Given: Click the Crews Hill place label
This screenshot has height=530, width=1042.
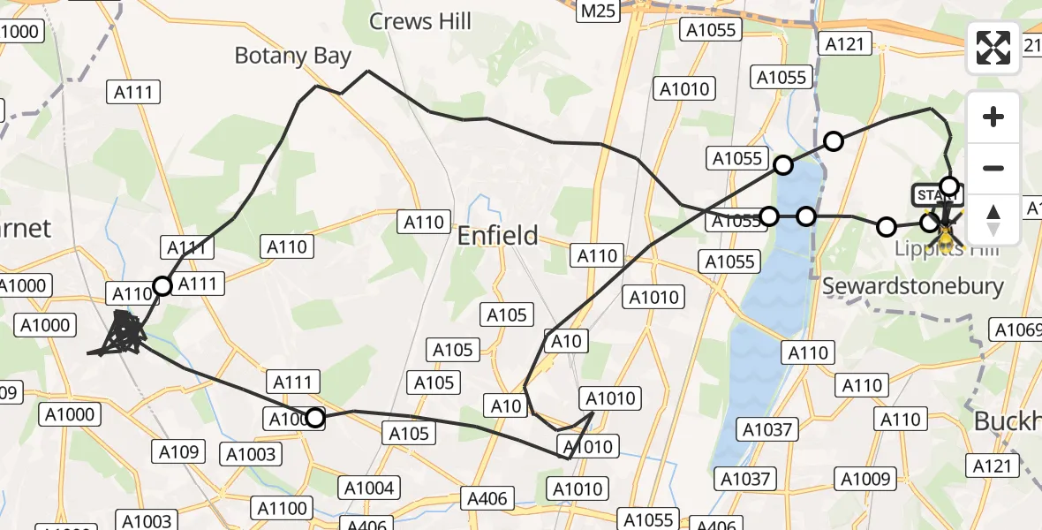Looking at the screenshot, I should (x=420, y=21).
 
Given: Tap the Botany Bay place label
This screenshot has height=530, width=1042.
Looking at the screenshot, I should (x=292, y=57).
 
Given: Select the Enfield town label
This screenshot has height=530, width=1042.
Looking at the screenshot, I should (x=497, y=236).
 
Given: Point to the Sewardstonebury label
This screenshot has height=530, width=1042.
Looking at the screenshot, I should (x=913, y=286).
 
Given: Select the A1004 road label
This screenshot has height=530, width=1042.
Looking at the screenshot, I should (x=371, y=488).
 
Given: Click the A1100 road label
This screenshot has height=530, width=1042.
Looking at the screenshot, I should (x=283, y=509).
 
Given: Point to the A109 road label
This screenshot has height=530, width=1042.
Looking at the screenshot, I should (x=177, y=452).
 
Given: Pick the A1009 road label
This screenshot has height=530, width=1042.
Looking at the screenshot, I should (x=865, y=479).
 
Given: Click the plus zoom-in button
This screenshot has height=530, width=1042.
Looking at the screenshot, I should (x=993, y=117).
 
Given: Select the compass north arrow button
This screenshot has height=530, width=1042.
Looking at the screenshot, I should (x=993, y=220).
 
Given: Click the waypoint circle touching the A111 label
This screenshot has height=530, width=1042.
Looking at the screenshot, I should (x=162, y=285).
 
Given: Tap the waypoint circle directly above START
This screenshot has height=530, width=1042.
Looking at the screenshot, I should (x=949, y=185).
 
